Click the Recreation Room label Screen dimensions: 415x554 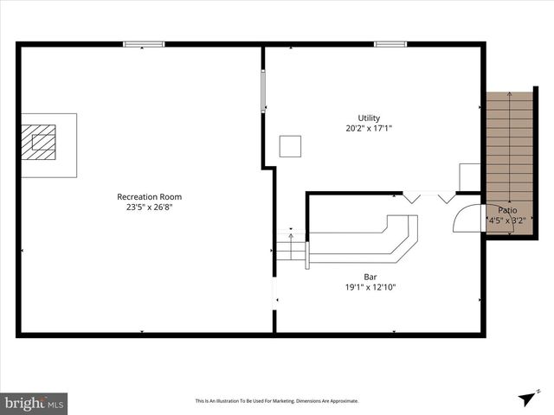click(150, 196)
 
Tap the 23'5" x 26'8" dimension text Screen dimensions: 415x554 click(150, 207)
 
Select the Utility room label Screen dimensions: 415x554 click(369, 118)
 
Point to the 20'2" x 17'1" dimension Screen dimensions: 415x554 click(369, 129)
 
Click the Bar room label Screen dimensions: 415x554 click(370, 278)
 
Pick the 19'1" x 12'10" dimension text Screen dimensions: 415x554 click(370, 288)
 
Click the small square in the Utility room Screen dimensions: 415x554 click(290, 146)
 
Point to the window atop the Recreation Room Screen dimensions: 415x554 click(144, 44)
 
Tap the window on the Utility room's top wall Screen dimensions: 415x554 click(390, 44)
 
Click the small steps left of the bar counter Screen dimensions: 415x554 click(291, 250)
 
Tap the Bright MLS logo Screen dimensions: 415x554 click(35, 403)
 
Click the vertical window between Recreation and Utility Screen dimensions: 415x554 click(263, 91)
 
